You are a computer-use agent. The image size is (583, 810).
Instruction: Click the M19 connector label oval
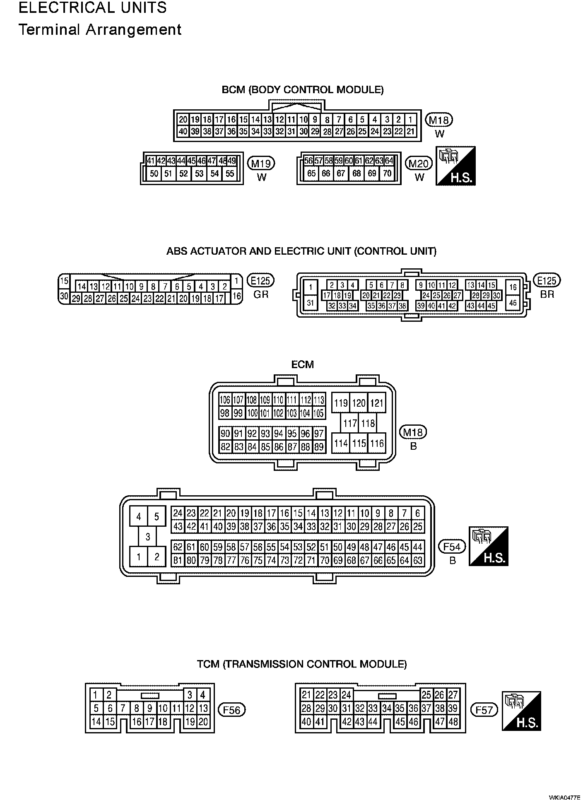tap(261, 164)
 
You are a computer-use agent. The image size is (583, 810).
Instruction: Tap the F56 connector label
tap(232, 710)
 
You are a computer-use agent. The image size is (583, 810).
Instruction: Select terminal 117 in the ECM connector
tap(350, 423)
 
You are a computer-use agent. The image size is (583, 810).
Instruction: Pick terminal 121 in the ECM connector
tap(376, 403)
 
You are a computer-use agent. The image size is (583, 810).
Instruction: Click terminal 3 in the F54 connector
tap(148, 537)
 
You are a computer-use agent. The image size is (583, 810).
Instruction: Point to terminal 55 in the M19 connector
tap(230, 174)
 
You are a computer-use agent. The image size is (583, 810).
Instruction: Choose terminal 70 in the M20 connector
tap(387, 173)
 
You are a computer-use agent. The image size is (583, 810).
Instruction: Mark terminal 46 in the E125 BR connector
tap(513, 303)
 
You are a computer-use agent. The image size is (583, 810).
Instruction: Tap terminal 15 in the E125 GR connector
tap(64, 281)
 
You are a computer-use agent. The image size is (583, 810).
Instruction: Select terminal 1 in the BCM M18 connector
tap(410, 120)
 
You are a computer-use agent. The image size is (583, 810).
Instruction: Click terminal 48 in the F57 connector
tap(453, 722)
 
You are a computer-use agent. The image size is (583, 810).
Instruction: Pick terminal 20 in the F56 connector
tap(203, 722)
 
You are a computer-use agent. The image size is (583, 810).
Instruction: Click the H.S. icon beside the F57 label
tap(521, 711)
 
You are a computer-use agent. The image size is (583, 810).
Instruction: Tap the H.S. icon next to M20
tap(455, 166)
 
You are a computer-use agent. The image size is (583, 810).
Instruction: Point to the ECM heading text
tap(303, 364)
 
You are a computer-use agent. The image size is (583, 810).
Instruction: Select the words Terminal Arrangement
tap(100, 30)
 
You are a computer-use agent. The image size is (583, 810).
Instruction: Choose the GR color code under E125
tap(261, 294)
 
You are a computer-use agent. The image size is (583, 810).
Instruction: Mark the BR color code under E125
tap(547, 294)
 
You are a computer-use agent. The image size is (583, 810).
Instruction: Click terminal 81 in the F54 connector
tap(178, 561)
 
